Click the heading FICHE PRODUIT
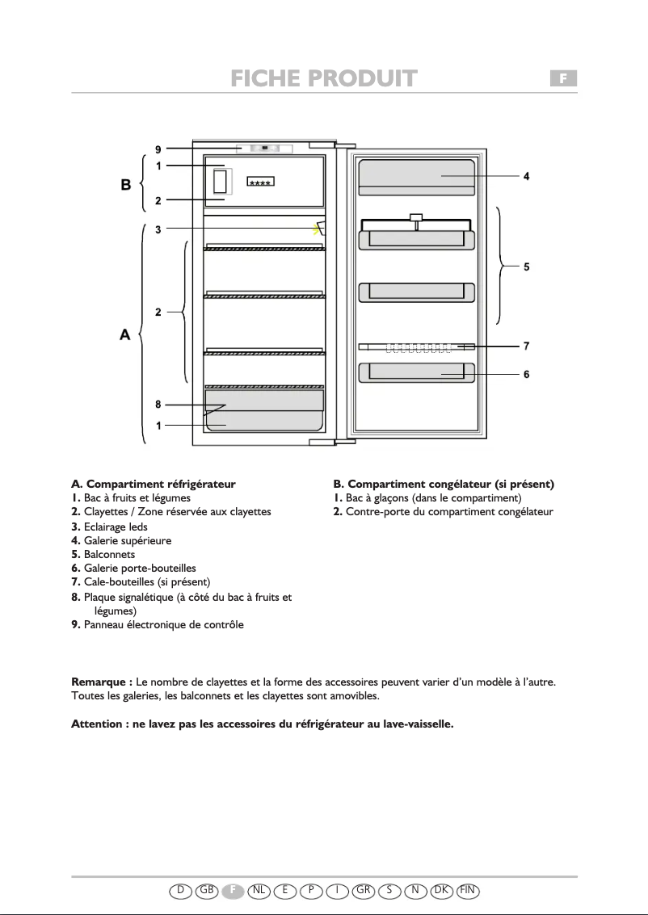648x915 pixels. pos(323,78)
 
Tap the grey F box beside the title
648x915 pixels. pos(564,78)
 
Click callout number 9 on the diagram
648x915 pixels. pos(159,149)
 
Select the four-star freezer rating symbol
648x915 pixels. pos(260,183)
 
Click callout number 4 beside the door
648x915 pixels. pos(526,176)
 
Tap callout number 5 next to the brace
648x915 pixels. pos(526,266)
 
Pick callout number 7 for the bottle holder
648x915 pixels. pos(526,346)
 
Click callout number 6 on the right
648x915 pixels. pos(526,375)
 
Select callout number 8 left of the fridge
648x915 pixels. pos(159,405)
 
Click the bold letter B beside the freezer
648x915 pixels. pos(126,184)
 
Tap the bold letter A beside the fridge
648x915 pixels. pos(125,334)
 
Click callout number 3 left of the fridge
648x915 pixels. pos(159,229)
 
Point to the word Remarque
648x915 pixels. pos(102,682)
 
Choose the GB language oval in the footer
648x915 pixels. pos(207,890)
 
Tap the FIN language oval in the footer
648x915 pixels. pos(468,890)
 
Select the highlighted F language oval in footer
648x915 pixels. pos(233,890)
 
